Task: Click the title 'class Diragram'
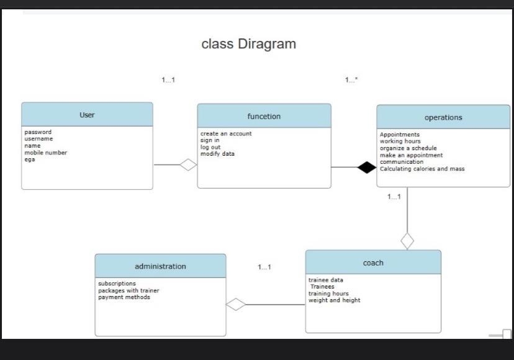(x=248, y=44)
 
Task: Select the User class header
(x=87, y=115)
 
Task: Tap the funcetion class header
(x=264, y=116)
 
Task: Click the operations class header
(x=443, y=117)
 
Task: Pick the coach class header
(x=373, y=263)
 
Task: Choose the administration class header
(x=160, y=266)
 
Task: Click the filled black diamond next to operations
(x=367, y=167)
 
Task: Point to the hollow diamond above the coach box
(x=407, y=240)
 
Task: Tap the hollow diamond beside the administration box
(x=236, y=304)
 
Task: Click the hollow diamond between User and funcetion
(x=188, y=164)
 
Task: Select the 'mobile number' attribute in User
(x=46, y=153)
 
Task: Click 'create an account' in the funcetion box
(x=226, y=133)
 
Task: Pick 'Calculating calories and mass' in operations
(x=422, y=169)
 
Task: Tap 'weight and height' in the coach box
(x=334, y=300)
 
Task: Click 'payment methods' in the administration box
(x=124, y=297)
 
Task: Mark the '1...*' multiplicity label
(x=351, y=80)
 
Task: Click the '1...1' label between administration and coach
(x=264, y=267)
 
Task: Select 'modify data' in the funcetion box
(x=217, y=154)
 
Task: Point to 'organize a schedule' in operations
(x=408, y=148)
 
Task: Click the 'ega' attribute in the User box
(x=30, y=160)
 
